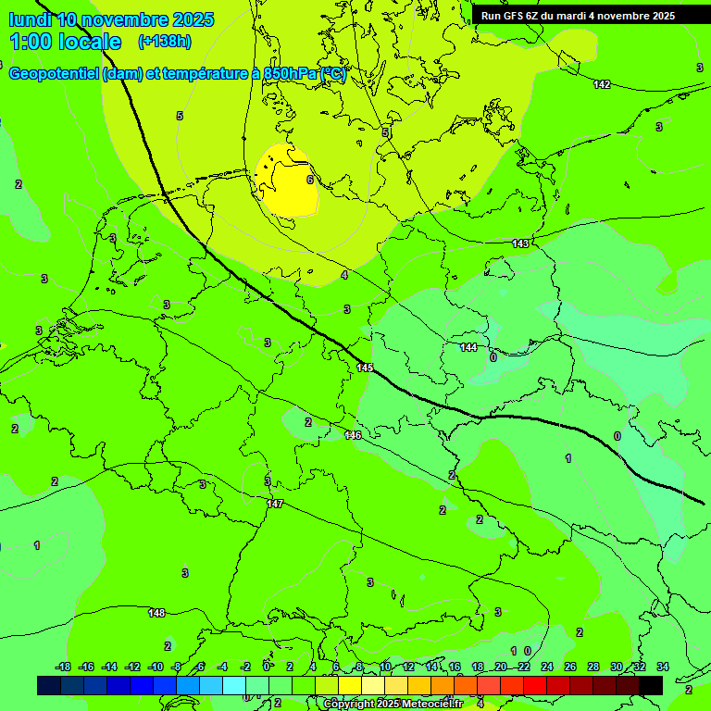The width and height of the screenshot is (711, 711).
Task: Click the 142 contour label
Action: pyautogui.click(x=602, y=84)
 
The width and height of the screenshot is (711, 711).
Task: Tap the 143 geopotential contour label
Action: pyautogui.click(x=520, y=243)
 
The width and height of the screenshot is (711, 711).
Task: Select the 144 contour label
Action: pyautogui.click(x=468, y=347)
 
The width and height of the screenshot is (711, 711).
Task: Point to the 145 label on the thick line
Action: pyautogui.click(x=364, y=368)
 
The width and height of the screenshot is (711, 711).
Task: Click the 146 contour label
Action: pyautogui.click(x=353, y=435)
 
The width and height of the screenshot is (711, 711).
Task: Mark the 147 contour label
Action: pyautogui.click(x=274, y=504)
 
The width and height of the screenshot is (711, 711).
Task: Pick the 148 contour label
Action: pyautogui.click(x=156, y=613)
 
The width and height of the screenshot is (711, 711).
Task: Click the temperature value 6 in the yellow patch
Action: pyautogui.click(x=309, y=180)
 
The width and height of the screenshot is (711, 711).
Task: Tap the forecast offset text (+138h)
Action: pyautogui.click(x=164, y=42)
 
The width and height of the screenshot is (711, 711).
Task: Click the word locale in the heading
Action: pyautogui.click(x=87, y=42)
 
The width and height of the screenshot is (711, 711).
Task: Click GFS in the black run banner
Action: pyautogui.click(x=515, y=16)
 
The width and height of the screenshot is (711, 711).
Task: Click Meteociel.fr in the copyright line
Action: pyautogui.click(x=433, y=704)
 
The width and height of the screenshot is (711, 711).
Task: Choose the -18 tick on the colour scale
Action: pyautogui.click(x=63, y=667)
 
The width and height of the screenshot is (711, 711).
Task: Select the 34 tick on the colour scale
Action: pyautogui.click(x=662, y=667)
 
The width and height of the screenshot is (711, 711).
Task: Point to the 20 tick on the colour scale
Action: pyautogui.click(x=500, y=667)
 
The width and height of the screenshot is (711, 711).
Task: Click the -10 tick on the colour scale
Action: pyautogui.click(x=156, y=667)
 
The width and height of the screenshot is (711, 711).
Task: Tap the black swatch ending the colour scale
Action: pyautogui.click(x=650, y=685)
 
